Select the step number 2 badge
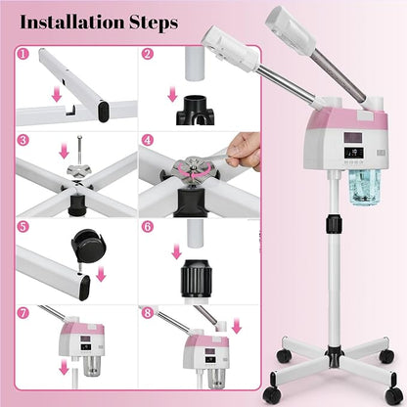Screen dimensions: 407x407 point(148,55)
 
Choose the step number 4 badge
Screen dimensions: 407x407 point(148,141)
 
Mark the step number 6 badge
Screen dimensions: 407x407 point(148,225)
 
